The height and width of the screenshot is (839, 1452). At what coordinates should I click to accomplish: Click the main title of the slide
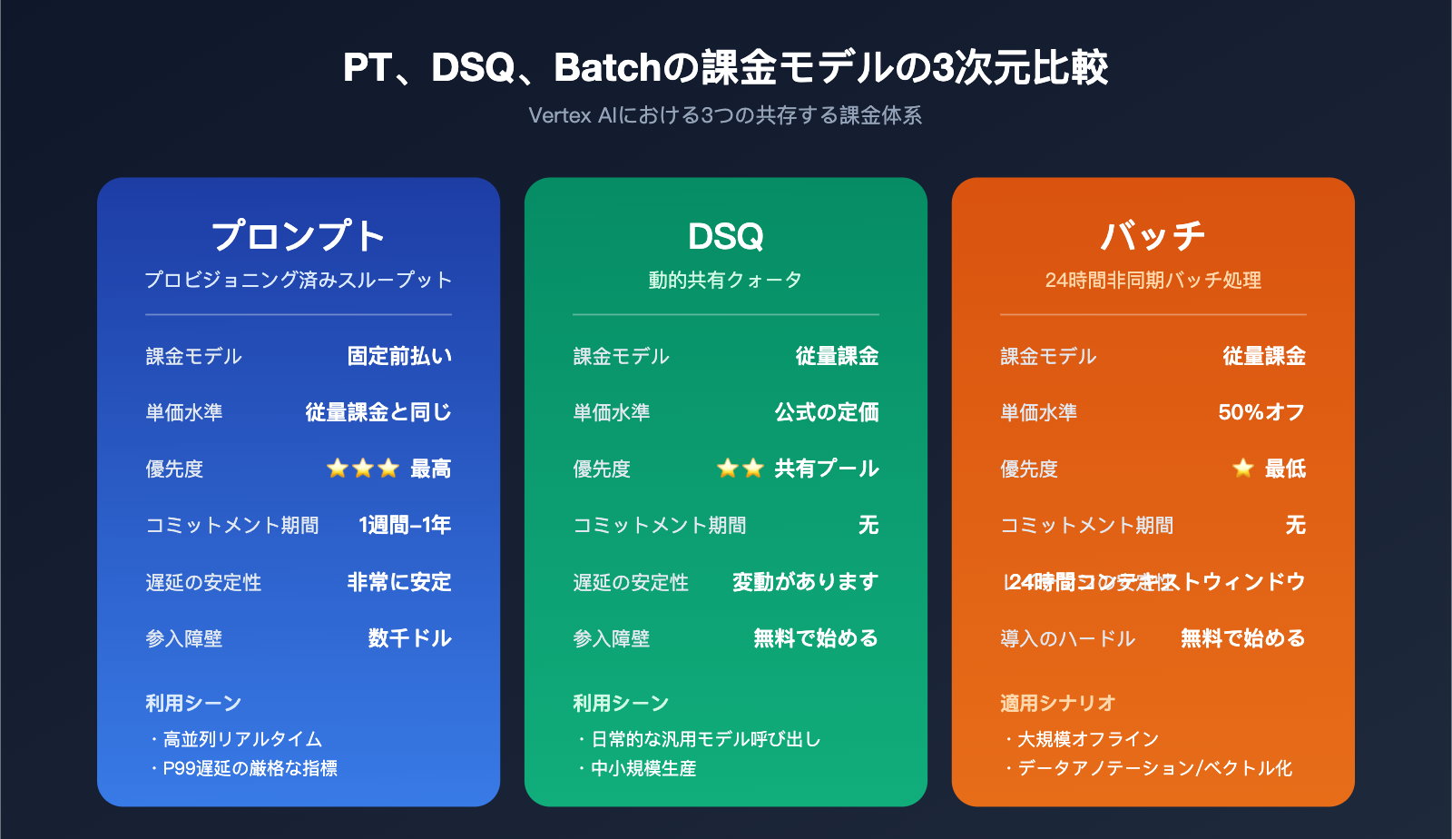725,68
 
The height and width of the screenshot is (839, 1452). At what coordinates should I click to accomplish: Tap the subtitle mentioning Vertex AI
725,115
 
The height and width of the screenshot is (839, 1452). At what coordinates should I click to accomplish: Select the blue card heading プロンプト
299,236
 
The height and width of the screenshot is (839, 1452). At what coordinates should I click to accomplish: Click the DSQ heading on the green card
725,236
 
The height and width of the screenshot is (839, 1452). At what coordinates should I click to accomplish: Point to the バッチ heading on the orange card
1153,236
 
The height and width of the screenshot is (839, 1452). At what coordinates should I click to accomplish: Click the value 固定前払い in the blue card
399,356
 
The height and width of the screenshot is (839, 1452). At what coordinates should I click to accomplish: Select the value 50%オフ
1261,412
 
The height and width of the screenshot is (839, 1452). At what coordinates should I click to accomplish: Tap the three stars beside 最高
363,469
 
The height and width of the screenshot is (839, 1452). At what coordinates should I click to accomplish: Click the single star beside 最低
1243,469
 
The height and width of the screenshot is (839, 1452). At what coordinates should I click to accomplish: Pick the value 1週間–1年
405,525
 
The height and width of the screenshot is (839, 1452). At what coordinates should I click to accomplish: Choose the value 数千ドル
409,638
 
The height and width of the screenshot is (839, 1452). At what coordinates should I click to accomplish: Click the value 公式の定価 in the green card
827,412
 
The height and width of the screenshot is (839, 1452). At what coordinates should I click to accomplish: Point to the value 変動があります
805,581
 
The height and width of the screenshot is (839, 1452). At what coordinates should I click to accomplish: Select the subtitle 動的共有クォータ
725,280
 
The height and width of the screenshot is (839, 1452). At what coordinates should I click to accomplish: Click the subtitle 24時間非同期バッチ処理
1153,280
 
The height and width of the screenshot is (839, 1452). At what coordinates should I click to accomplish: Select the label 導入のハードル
1067,638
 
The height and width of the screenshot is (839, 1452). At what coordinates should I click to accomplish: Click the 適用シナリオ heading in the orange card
1057,703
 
